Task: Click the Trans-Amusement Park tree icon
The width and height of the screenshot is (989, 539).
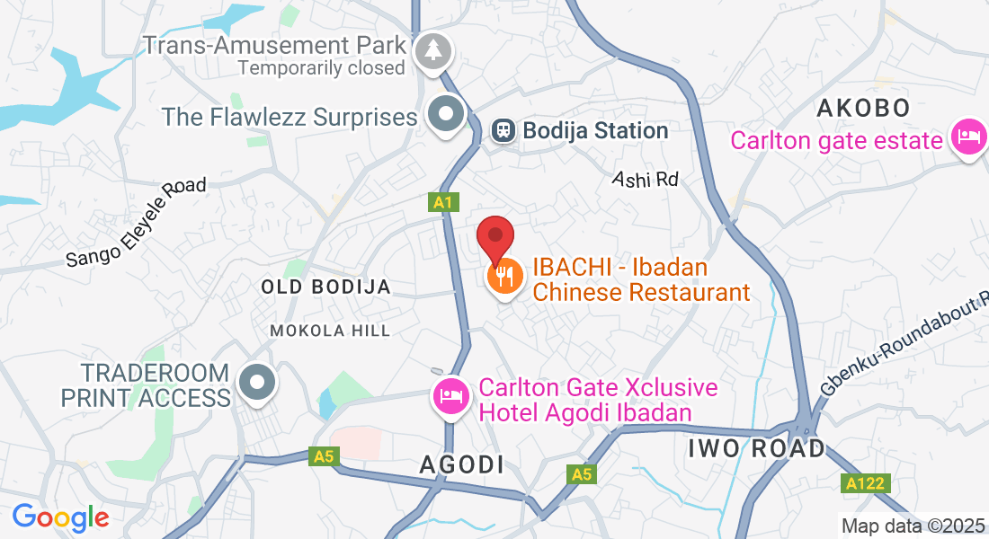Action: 433,50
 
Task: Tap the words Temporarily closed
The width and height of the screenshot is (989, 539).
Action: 322,67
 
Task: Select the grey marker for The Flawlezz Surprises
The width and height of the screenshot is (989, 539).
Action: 445,114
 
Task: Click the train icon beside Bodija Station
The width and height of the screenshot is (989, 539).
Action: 503,131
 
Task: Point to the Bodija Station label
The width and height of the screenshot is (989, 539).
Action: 595,131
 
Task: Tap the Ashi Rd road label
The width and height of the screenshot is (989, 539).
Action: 645,179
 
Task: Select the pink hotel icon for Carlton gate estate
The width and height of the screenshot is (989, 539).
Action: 967,137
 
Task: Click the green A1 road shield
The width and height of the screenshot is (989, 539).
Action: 441,203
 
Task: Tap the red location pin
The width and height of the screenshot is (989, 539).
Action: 494,238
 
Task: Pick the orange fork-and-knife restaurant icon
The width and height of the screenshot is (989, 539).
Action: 505,276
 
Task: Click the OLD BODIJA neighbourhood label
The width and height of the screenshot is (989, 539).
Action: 325,287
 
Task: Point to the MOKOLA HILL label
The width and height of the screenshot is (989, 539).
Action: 331,331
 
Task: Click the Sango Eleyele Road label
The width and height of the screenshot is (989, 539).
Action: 136,222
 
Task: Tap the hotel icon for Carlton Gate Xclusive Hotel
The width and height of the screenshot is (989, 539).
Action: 449,395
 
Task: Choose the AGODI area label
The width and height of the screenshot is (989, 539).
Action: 462,464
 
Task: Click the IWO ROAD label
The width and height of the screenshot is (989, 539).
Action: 755,447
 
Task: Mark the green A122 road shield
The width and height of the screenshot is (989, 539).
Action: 867,484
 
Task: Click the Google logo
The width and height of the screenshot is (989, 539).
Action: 60,517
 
